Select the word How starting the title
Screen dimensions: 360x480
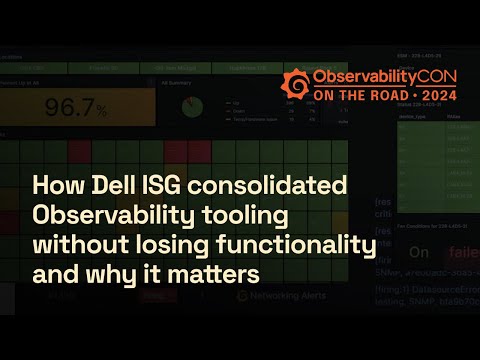[x=52, y=186]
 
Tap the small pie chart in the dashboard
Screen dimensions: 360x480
[x=198, y=107]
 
